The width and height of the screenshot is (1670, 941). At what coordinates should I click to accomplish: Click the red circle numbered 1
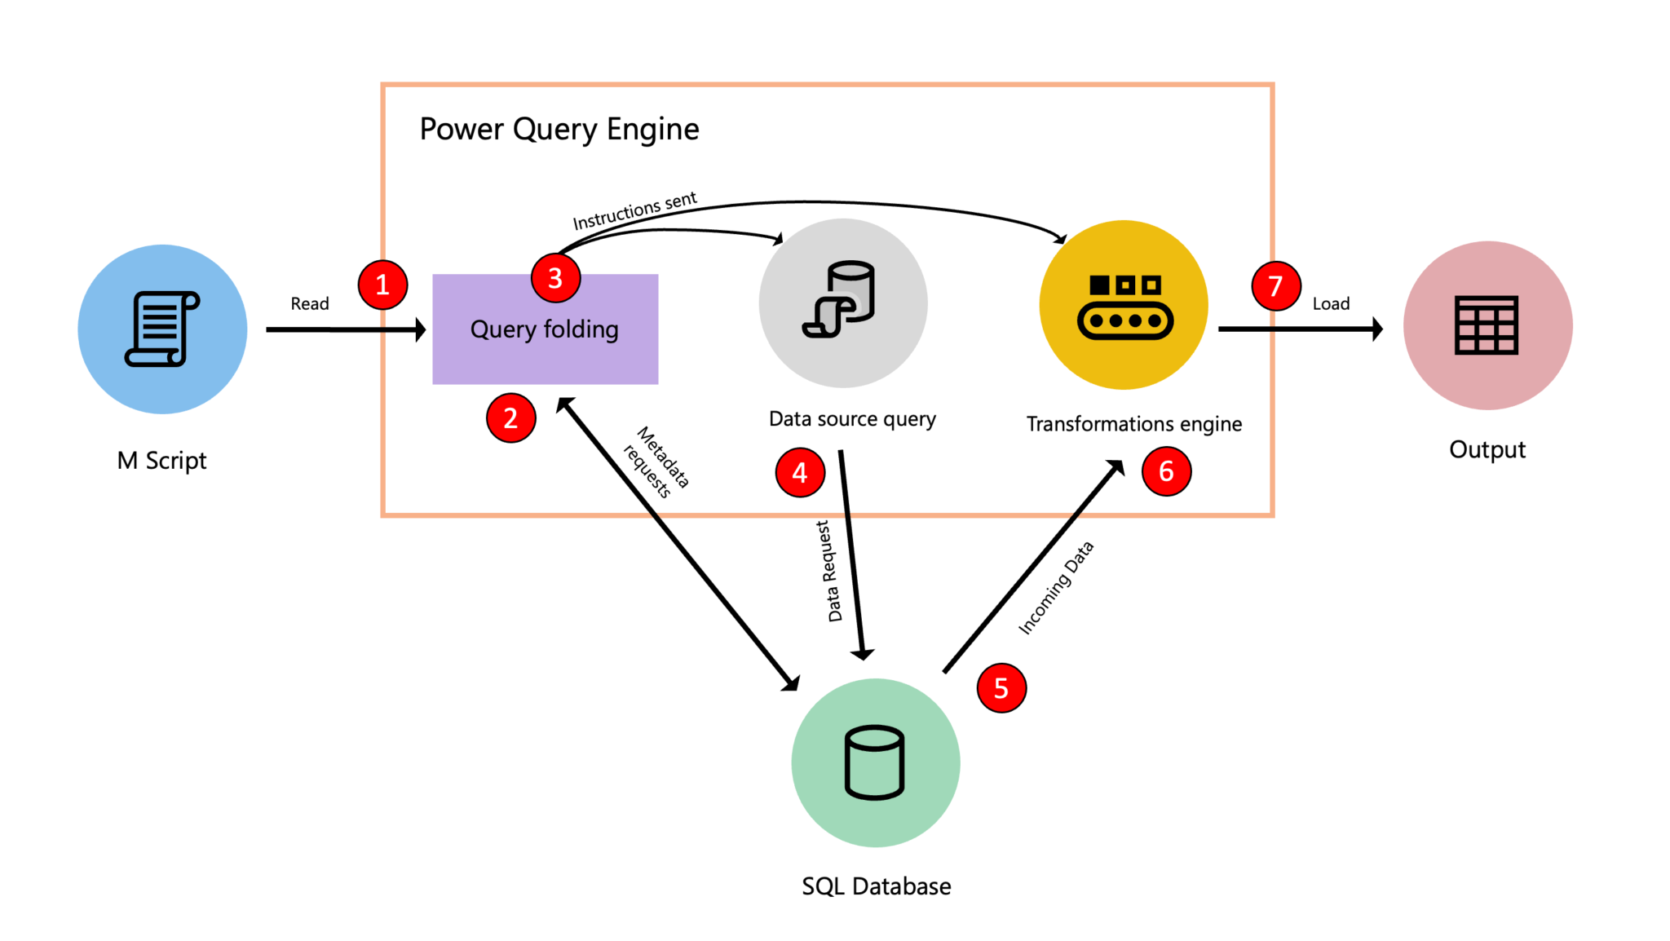[382, 285]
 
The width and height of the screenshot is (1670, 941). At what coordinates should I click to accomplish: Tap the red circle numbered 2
[510, 418]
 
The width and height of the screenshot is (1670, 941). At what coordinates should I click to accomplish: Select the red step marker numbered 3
[555, 278]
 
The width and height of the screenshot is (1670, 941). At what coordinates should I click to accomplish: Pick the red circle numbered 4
[800, 472]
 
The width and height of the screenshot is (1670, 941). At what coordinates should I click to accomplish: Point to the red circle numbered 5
[1001, 688]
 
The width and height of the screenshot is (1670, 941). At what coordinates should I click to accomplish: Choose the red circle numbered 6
[1166, 470]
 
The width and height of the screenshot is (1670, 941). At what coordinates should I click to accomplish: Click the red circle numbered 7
[1275, 286]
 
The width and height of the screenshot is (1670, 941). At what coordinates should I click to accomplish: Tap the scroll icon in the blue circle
[162, 329]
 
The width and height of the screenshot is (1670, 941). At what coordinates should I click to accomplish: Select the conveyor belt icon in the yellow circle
[1124, 307]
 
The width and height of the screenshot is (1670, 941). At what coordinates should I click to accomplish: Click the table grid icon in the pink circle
[1486, 325]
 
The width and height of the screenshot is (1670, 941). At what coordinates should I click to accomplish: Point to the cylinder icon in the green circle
[874, 762]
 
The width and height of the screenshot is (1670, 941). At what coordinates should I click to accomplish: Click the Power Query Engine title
[559, 129]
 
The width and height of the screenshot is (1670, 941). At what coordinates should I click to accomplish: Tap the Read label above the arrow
[310, 303]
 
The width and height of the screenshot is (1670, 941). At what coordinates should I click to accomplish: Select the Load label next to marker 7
[1331, 303]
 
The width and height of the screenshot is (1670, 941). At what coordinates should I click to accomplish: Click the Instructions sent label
[634, 211]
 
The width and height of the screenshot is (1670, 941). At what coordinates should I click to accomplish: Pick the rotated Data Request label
[829, 571]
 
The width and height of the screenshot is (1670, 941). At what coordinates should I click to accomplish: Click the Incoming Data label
[1055, 587]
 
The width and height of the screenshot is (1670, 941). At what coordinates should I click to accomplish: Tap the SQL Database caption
[876, 886]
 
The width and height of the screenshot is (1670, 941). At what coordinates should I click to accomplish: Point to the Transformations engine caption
[1133, 424]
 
